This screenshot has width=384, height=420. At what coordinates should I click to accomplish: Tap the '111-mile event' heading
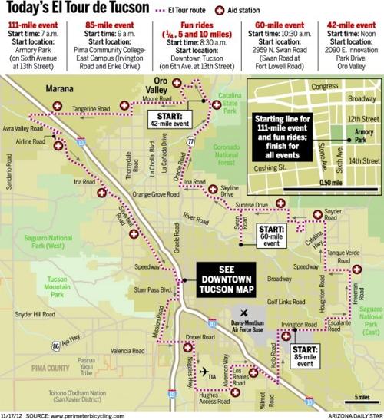click(x=32, y=25)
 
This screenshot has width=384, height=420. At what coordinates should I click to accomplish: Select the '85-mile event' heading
click(x=105, y=25)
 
